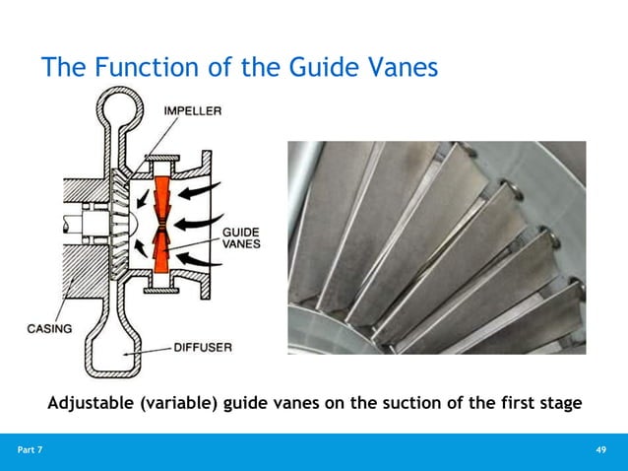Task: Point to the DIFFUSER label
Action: [x=205, y=347]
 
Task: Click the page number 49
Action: [x=602, y=450]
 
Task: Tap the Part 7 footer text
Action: [x=31, y=450]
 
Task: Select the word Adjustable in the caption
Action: [x=93, y=403]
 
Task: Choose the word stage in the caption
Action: [x=557, y=403]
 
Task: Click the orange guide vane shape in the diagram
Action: [x=162, y=236]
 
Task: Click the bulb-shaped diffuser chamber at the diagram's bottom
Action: [x=117, y=350]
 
